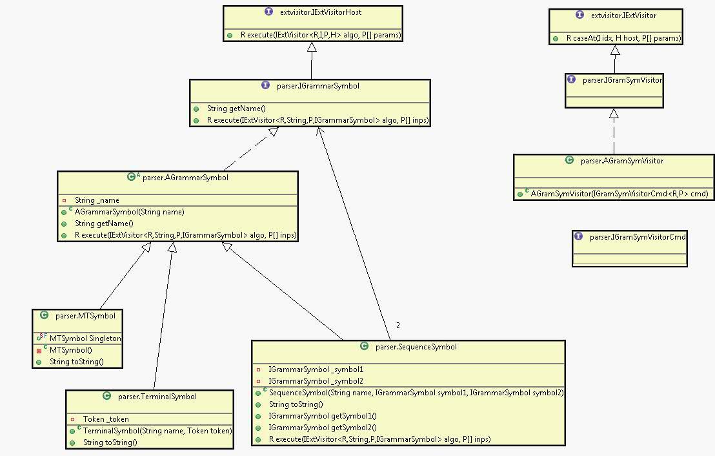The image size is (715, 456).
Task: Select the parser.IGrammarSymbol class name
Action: coord(319,86)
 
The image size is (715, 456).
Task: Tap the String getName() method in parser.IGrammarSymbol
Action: coord(236,109)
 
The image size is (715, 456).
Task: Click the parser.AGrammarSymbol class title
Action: coord(185,178)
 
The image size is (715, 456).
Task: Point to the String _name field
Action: coord(97,200)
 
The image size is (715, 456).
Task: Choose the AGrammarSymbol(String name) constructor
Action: coord(129,212)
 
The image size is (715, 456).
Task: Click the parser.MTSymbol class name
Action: coord(85,316)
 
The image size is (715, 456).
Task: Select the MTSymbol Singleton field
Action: coord(85,338)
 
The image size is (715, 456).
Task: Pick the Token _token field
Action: coord(106,419)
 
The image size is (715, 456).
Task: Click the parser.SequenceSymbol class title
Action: coord(416,347)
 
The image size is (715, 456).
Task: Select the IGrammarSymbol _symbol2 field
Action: coord(316,381)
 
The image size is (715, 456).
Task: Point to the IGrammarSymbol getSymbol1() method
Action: coord(322,416)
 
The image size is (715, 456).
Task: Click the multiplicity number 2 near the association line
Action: coord(398,326)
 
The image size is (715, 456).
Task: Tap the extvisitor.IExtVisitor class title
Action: coord(624,16)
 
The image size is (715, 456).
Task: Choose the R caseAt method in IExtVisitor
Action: coord(623,38)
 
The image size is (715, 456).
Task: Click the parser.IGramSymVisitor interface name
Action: coord(622,80)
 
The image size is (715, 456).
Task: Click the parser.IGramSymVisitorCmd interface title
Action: coord(638,237)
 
